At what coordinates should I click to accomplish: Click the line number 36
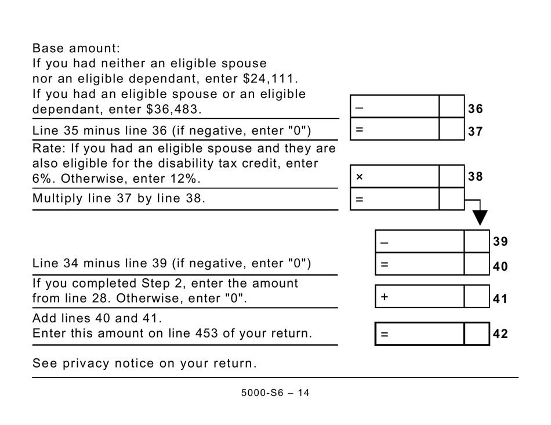point(475,109)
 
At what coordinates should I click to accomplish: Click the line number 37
point(475,132)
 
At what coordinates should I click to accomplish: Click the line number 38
point(475,177)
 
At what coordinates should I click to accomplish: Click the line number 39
point(500,241)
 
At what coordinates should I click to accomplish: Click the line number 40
point(500,267)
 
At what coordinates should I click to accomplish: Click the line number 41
point(500,299)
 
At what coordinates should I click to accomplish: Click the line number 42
point(500,334)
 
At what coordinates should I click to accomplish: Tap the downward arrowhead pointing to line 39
point(480,217)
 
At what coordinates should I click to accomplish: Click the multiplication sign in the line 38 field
point(359,177)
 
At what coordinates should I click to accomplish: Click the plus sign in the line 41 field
point(384,297)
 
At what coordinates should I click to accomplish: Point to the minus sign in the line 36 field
point(359,108)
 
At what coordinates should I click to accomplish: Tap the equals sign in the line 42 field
point(384,335)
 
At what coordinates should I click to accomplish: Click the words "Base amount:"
point(76,48)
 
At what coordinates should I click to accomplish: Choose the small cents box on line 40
point(477,264)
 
